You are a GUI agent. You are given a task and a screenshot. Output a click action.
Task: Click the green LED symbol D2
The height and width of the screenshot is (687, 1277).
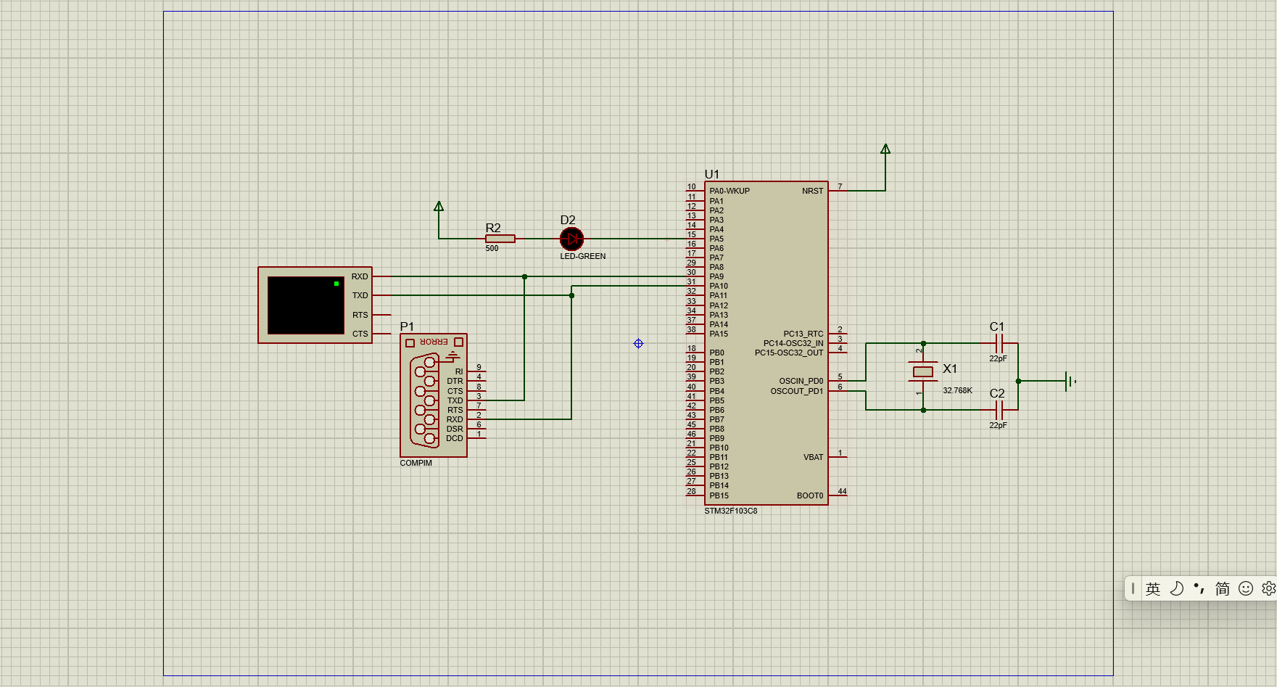[571, 239]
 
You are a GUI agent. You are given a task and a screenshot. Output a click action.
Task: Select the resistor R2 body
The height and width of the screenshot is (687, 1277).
[500, 239]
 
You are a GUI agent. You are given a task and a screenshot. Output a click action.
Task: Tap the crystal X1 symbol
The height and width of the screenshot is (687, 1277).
[922, 371]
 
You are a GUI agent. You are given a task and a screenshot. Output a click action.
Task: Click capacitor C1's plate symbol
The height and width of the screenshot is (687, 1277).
[999, 343]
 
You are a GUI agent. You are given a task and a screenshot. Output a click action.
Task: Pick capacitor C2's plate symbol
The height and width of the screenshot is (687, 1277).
[999, 410]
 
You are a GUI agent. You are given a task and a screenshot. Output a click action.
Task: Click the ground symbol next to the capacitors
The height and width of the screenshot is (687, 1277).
[1069, 381]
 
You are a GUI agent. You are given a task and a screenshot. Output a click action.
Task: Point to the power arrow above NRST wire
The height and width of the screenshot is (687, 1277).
[885, 149]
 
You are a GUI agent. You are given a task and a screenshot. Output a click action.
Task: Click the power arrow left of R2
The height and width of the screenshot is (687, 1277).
[439, 207]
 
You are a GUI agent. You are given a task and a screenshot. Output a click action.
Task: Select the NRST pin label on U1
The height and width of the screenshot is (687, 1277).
[812, 191]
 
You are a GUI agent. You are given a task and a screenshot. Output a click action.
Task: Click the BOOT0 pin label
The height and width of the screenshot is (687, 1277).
[810, 495]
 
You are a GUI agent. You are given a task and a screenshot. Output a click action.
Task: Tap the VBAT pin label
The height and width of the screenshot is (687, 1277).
[813, 457]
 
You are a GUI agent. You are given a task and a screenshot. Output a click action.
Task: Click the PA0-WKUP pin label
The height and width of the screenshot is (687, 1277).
[730, 191]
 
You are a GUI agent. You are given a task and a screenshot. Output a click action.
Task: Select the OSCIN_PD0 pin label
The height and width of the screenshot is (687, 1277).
[801, 381]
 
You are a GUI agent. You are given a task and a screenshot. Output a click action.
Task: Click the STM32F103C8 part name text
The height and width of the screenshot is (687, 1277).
[730, 511]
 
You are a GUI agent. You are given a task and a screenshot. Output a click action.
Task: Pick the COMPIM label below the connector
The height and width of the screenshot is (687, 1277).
[416, 463]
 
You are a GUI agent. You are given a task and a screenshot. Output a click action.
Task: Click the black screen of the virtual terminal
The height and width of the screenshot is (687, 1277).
[305, 305]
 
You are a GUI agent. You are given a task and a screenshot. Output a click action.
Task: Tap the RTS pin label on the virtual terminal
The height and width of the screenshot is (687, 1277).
[360, 315]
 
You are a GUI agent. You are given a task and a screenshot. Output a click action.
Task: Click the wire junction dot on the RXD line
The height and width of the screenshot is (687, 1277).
[524, 276]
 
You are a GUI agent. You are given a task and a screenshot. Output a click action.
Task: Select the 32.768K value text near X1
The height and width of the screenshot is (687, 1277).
[957, 390]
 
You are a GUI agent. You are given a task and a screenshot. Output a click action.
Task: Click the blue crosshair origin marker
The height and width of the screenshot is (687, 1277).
[638, 343]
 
